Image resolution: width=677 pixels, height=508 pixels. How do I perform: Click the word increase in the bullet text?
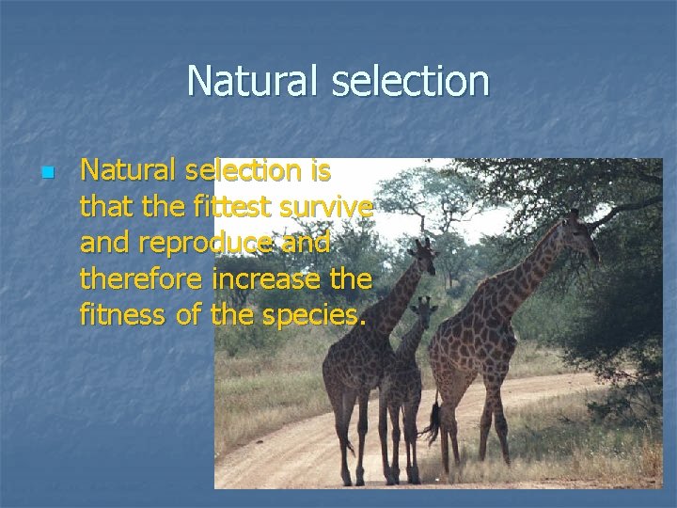pyautogui.click(x=276, y=278)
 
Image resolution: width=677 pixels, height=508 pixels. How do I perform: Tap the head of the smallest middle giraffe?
pyautogui.click(x=425, y=309)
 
